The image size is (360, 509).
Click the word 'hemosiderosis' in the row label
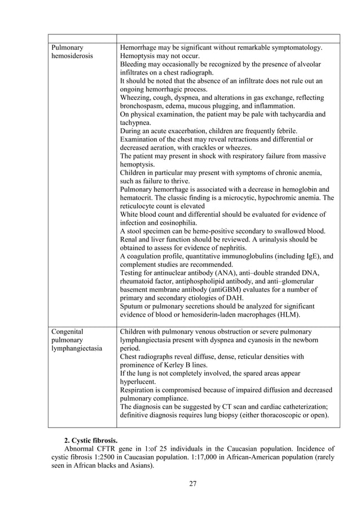pos(72,56)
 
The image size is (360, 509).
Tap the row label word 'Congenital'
pos(67,331)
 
